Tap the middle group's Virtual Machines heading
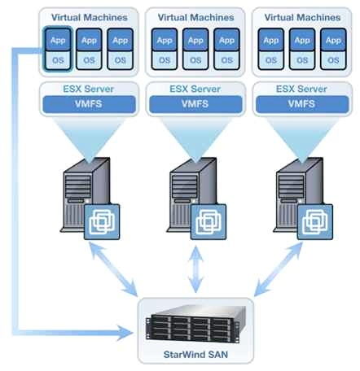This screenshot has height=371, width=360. point(194,16)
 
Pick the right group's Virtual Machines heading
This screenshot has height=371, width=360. point(302,16)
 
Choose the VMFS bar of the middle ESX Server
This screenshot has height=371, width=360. point(194,104)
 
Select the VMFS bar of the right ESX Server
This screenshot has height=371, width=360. point(302,104)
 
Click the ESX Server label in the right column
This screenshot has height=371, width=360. point(302,88)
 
